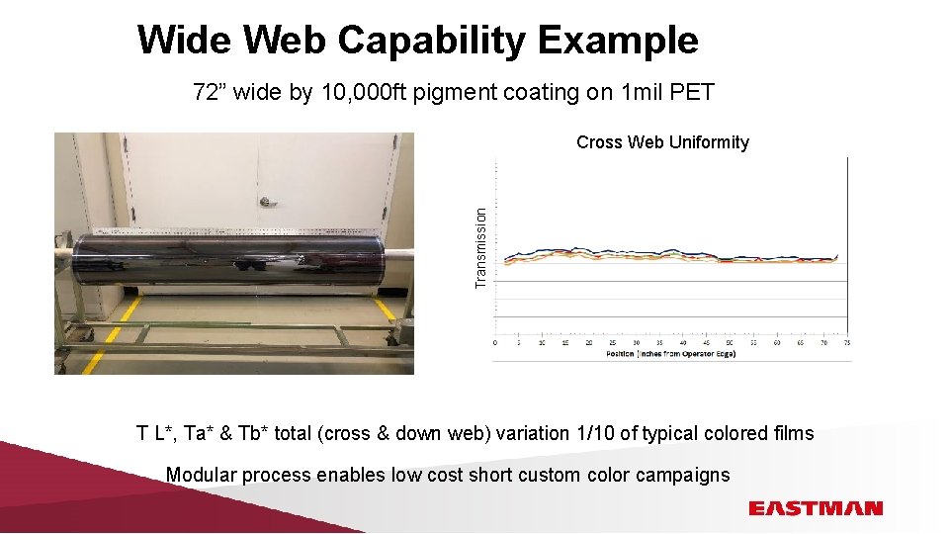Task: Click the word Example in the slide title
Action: tap(618, 41)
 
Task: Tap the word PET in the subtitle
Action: tap(692, 93)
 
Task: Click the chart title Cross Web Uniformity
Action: tap(662, 142)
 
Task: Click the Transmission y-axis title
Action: tap(480, 247)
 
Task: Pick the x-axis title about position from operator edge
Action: tap(670, 353)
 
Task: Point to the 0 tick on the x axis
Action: tap(495, 343)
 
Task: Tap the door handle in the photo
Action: tap(266, 201)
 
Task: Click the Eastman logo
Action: tap(815, 508)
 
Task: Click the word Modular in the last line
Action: tap(201, 475)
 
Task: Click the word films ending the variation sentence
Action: tap(793, 433)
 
